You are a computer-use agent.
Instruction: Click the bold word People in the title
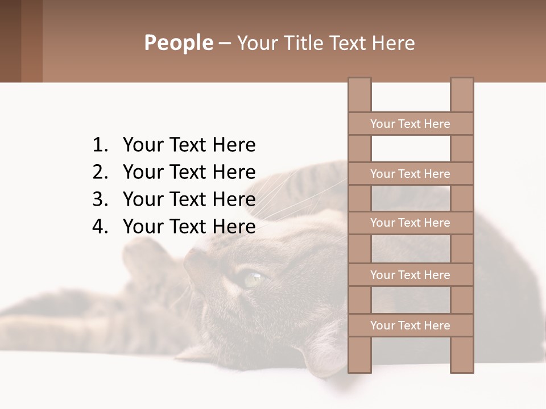click(x=178, y=43)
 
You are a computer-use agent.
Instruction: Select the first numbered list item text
click(x=189, y=145)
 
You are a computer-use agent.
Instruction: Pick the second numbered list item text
click(x=189, y=172)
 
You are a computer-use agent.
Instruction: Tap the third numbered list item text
click(x=189, y=199)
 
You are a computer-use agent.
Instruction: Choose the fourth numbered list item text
click(x=189, y=226)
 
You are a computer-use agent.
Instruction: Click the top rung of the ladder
click(x=410, y=123)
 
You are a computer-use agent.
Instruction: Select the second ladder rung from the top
click(x=410, y=173)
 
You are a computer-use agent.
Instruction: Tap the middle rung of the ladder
click(x=410, y=223)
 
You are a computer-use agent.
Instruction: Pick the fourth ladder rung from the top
click(x=410, y=275)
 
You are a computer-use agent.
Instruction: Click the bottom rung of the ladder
click(x=410, y=325)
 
